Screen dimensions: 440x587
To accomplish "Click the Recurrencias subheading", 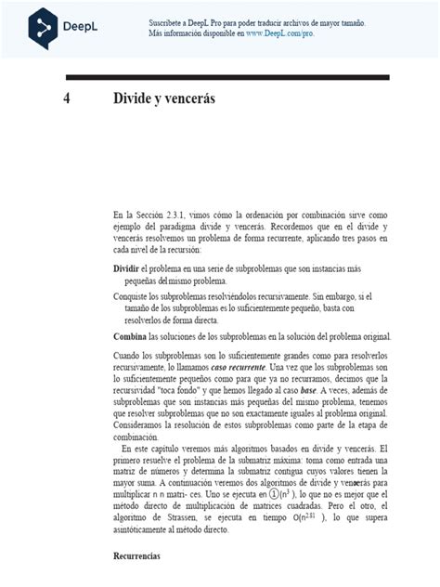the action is point(137,581).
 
